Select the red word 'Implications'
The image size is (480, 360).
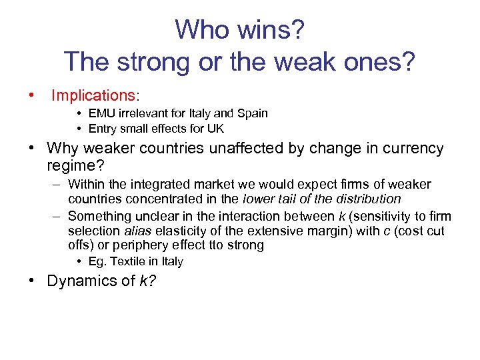93,95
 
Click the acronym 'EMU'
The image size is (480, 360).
101,113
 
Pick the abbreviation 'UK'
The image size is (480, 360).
215,129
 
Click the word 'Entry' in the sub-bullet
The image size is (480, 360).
103,129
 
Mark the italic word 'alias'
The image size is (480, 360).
137,231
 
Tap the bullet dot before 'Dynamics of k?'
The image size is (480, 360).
32,281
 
